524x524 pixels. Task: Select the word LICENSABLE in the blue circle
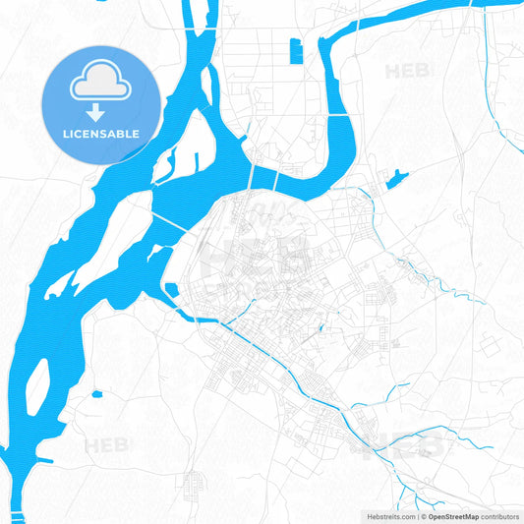tap(100, 134)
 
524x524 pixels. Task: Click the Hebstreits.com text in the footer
tap(387, 515)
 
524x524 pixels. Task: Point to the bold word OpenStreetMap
tap(451, 515)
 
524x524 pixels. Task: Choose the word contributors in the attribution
tap(499, 515)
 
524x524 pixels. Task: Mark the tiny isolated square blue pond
tap(96, 395)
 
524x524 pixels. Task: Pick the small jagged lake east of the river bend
tap(397, 178)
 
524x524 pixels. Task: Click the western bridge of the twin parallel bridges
tap(256, 176)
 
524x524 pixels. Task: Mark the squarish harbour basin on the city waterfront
tap(169, 292)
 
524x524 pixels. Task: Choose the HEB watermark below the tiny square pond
tap(106, 446)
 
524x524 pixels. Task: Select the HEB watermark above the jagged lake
tap(407, 71)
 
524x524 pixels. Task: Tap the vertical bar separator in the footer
tap(417, 515)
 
